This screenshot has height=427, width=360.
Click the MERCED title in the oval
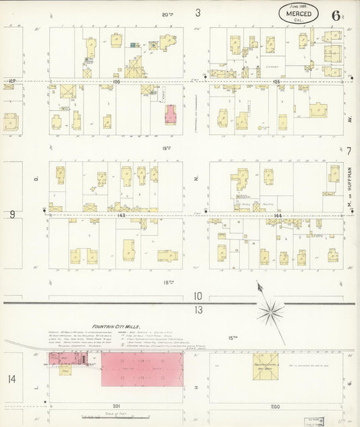tap(299, 14)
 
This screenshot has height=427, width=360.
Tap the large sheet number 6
tap(336, 16)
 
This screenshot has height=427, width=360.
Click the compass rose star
tap(270, 312)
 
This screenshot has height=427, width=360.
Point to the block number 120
tap(115, 82)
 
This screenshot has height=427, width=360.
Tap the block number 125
tap(277, 82)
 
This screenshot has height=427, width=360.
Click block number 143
tap(121, 215)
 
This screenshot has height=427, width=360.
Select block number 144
tap(277, 215)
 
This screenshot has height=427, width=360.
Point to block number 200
tap(276, 406)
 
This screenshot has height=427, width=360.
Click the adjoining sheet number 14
tap(11, 379)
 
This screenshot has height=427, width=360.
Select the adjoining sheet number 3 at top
tap(198, 12)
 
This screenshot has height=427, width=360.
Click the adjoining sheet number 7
tap(349, 151)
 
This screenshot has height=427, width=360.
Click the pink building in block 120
tap(170, 113)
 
